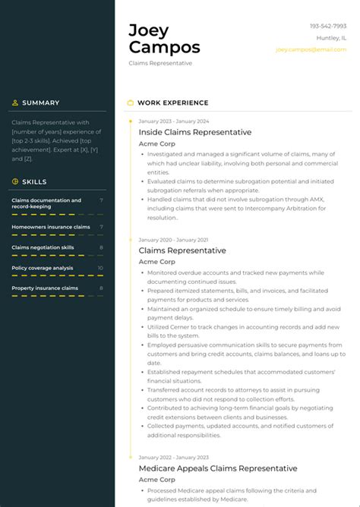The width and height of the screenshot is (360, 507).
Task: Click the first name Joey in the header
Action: tap(149, 30)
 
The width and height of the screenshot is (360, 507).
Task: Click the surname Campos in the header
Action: tap(164, 47)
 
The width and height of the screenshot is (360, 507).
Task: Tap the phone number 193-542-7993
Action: tap(327, 27)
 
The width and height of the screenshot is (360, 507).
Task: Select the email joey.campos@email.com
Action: tap(311, 49)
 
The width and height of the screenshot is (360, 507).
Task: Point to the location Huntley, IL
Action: tap(330, 38)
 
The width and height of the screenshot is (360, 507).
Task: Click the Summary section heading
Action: tap(40, 102)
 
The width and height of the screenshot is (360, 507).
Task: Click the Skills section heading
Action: tap(34, 181)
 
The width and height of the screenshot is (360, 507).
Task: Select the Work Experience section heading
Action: tap(172, 102)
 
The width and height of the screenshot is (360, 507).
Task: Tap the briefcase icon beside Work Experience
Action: tap(131, 102)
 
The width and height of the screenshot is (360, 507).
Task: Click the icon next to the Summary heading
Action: tap(15, 102)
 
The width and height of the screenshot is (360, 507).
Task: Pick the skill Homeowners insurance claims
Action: tap(51, 227)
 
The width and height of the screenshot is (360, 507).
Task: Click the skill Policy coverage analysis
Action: tap(43, 268)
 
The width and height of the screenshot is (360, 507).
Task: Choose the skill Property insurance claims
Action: tap(45, 288)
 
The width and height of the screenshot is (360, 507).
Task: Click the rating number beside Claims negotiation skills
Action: tap(101, 247)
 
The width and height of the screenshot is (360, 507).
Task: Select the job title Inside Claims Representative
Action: tap(185, 132)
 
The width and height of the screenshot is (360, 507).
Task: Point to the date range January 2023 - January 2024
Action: tap(174, 121)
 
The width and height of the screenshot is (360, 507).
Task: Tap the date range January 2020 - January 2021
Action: tap(173, 240)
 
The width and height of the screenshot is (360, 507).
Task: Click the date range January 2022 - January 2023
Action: tap(173, 458)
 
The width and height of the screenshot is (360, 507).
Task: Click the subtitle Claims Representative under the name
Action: tap(160, 63)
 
